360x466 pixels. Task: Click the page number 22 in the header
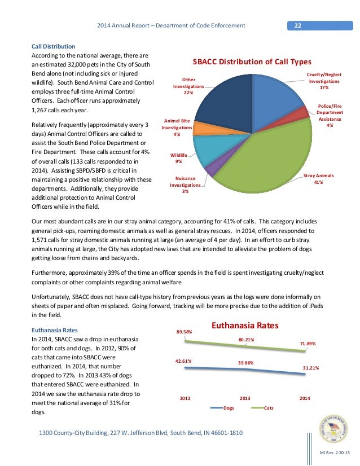297,25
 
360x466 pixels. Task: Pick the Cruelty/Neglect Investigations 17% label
324,81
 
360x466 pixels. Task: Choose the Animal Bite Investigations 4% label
177,128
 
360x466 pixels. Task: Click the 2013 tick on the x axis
245,398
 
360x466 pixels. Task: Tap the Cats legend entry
265,407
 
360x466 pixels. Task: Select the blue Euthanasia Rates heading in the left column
55,329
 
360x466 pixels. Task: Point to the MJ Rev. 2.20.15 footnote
333,453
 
